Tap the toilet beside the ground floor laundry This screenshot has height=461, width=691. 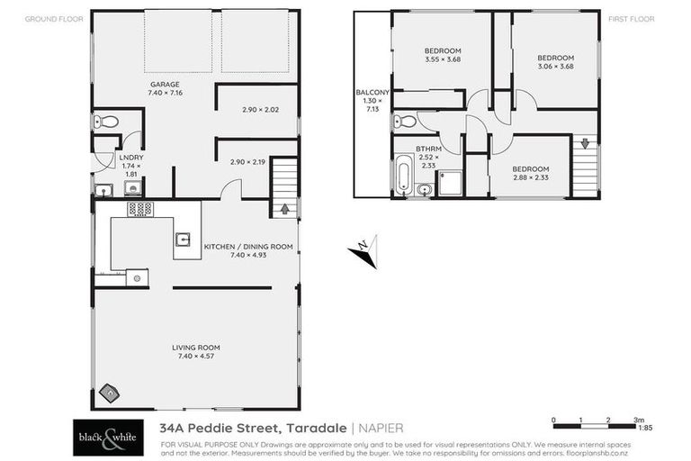click(x=106, y=122)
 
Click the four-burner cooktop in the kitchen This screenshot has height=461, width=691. click(x=139, y=209)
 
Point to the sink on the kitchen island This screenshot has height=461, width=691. click(x=183, y=240)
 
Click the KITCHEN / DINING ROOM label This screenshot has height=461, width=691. click(x=248, y=246)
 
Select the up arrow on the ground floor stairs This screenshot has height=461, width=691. click(x=285, y=209)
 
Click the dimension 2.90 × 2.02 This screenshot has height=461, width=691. click(x=261, y=110)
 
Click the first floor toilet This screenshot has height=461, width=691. click(x=407, y=121)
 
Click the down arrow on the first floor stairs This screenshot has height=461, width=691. click(x=586, y=142)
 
